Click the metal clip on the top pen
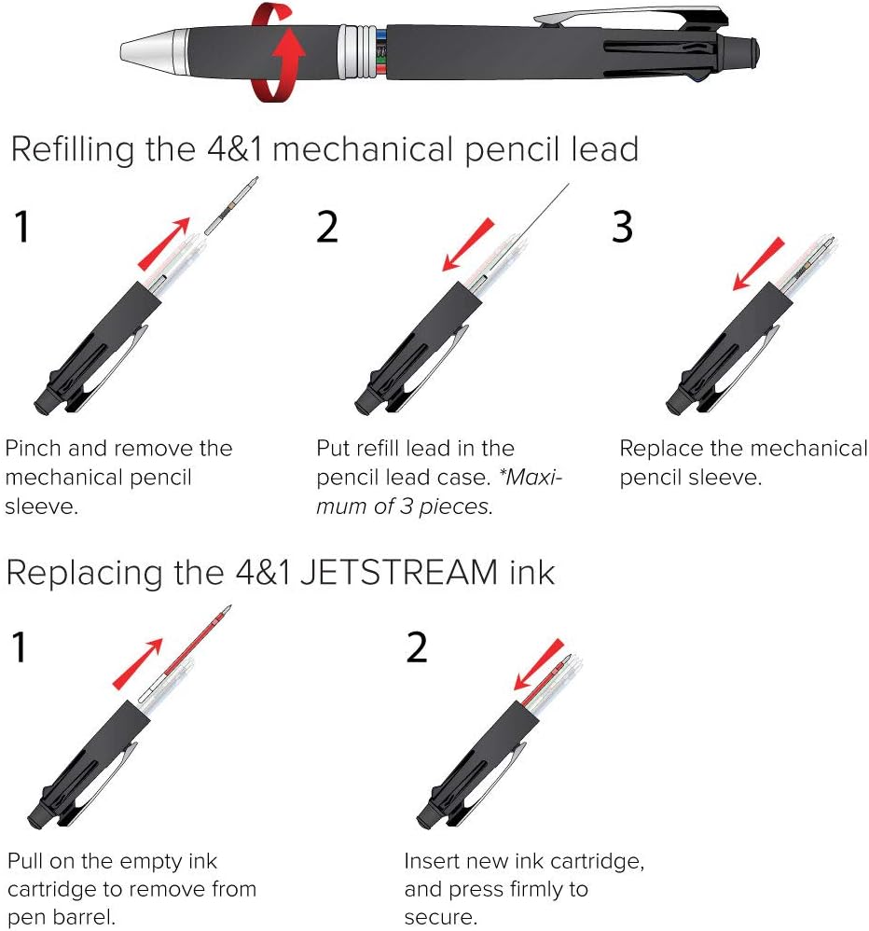click(629, 18)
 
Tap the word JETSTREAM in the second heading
click(399, 573)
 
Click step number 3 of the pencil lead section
click(622, 227)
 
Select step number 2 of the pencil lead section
click(327, 227)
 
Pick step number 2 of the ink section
click(417, 647)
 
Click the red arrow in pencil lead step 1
click(164, 244)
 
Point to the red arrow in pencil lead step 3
click(758, 264)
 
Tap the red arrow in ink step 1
click(138, 664)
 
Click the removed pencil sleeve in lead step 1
click(232, 205)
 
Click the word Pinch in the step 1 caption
click(34, 449)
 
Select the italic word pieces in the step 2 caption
click(455, 507)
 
